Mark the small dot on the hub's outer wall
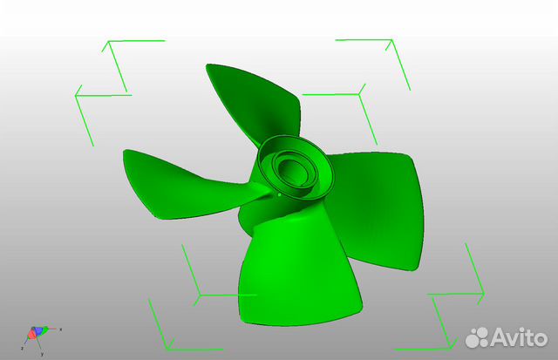278,195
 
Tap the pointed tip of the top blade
208,65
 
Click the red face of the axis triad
33,334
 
